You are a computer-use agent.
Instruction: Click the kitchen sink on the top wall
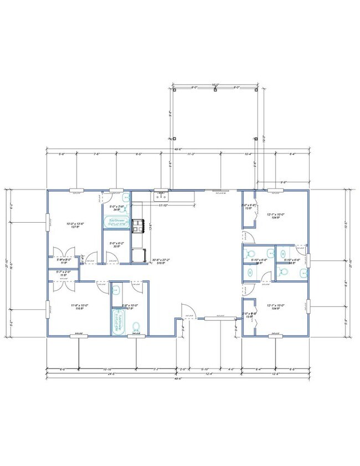161,196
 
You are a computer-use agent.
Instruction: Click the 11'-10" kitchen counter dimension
164,206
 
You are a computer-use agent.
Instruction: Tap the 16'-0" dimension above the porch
215,84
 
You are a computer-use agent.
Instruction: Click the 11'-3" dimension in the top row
191,153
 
